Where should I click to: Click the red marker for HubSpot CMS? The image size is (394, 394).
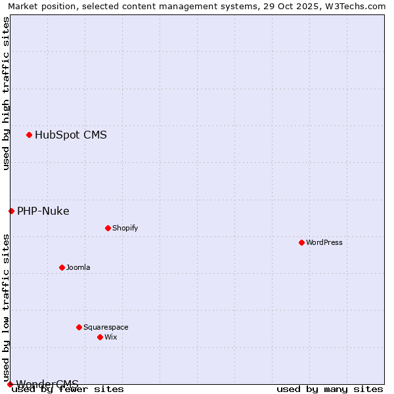click(x=29, y=135)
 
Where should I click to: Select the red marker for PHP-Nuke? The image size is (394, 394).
click(x=11, y=211)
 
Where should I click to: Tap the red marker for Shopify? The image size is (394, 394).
click(x=108, y=228)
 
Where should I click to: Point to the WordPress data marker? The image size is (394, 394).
click(x=301, y=242)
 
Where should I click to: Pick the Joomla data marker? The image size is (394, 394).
click(x=62, y=267)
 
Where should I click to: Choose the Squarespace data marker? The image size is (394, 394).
click(x=79, y=327)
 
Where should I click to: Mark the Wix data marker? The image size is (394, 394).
click(x=100, y=337)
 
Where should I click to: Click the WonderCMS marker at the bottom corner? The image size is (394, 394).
click(x=10, y=384)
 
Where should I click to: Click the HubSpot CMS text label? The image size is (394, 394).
click(x=71, y=135)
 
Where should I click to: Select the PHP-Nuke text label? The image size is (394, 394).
click(x=43, y=211)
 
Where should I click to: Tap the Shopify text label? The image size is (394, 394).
click(x=125, y=229)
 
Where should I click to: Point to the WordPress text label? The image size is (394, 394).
click(x=324, y=243)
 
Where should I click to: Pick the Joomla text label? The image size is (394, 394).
click(x=78, y=268)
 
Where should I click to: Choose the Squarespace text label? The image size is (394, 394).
click(x=106, y=328)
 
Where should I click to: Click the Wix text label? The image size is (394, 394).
click(x=111, y=338)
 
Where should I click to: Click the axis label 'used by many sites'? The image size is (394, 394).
click(x=330, y=389)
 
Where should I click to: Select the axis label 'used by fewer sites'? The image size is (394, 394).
click(x=68, y=389)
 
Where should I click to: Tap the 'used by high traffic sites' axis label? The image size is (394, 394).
click(x=6, y=93)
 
